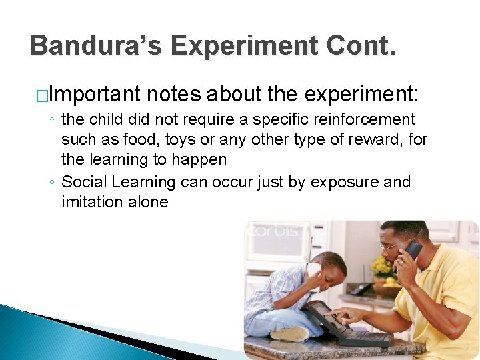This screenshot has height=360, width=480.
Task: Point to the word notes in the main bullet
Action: [174, 94]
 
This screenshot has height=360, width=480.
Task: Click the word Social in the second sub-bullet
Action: [84, 182]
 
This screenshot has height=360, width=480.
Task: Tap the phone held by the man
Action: [413, 250]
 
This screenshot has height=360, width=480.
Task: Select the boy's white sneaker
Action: [289, 333]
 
